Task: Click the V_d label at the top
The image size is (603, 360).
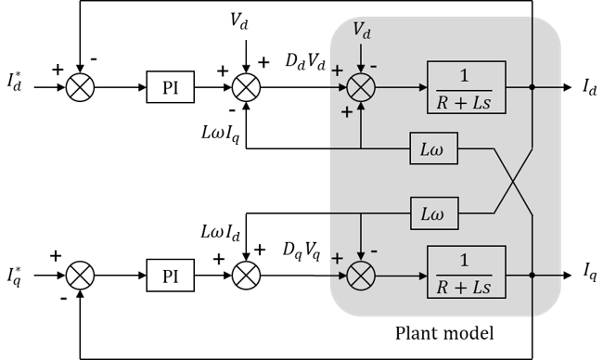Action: (x=361, y=32)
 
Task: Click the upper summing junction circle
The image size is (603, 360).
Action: (x=360, y=88)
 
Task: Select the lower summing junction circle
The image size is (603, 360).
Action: (x=360, y=274)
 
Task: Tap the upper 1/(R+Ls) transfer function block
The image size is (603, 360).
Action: (x=467, y=88)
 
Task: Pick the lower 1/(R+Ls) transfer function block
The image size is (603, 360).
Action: (x=467, y=273)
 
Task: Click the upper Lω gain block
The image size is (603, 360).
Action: (x=433, y=148)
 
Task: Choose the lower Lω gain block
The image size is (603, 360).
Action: (x=433, y=214)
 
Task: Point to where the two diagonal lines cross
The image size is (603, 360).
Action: (x=508, y=181)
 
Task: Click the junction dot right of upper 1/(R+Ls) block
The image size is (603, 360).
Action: (x=532, y=88)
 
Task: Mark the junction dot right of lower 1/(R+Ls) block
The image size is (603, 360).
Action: (x=532, y=274)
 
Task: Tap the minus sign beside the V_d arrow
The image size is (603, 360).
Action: (x=373, y=66)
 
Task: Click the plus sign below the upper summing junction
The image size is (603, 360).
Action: (x=347, y=112)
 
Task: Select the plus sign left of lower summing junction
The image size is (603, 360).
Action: (x=336, y=257)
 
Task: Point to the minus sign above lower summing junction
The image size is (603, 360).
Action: (x=373, y=251)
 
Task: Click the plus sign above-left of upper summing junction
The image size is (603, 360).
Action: (x=336, y=71)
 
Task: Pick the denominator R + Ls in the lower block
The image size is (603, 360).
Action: (x=467, y=286)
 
